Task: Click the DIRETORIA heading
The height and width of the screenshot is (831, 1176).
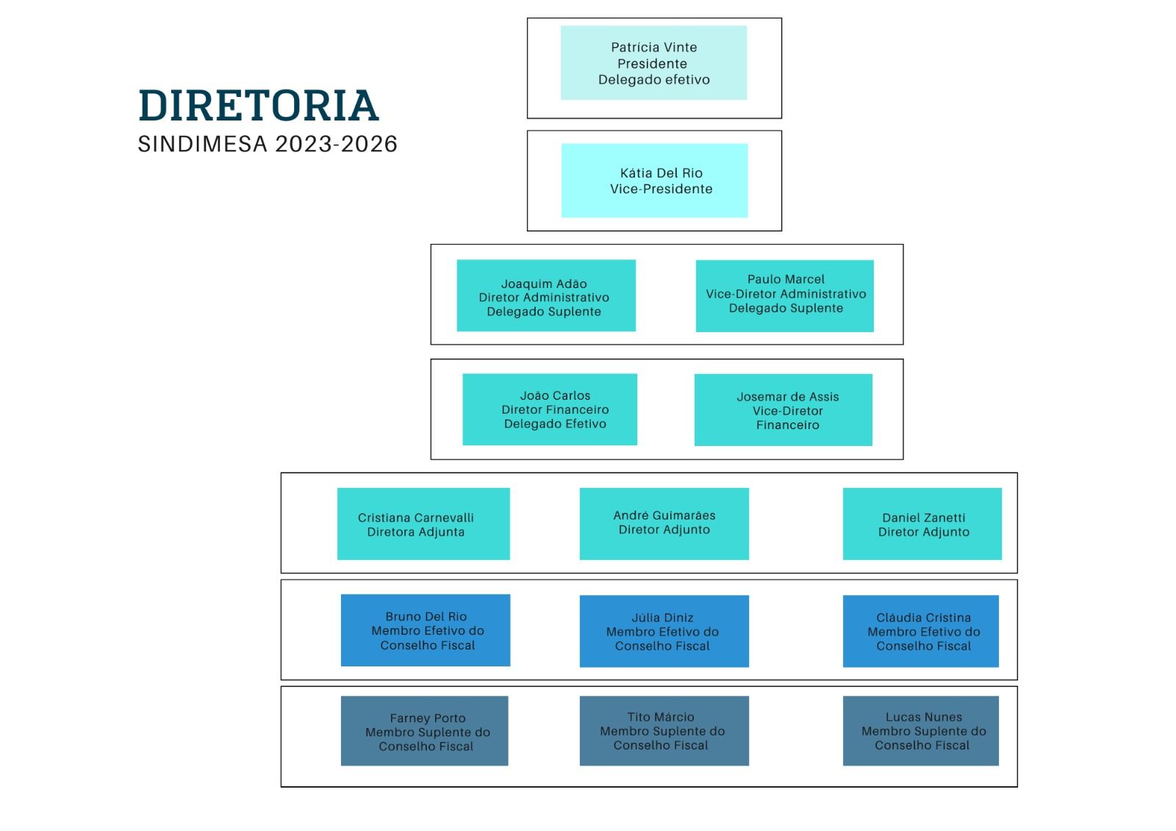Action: point(258,106)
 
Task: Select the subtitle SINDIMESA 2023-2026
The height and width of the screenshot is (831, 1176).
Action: point(268,144)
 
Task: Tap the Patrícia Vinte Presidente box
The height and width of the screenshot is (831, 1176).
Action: point(653,63)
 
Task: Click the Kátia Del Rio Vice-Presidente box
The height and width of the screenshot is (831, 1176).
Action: point(654,181)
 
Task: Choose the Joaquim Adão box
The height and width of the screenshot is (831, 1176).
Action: point(546,295)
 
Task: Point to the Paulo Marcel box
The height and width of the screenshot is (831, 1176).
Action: point(785,296)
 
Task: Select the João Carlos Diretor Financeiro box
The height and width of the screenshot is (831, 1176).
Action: point(550,409)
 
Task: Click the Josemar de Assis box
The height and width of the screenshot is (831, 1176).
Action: point(784,410)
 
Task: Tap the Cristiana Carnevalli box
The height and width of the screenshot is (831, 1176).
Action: point(423,524)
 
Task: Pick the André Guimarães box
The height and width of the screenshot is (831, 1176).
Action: point(664,524)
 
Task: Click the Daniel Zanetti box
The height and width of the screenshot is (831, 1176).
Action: point(922,524)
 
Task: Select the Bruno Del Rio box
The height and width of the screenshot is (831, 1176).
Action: point(426,630)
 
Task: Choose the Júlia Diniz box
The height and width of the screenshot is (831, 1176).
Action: point(664,631)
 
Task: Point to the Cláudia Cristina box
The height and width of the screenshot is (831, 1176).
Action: point(921,631)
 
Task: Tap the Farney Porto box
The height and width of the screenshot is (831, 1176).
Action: point(424,731)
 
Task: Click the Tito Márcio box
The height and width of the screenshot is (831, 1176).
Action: point(664,731)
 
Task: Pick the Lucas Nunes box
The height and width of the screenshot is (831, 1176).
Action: point(921,731)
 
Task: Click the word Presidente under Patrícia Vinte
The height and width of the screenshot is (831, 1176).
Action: point(652,63)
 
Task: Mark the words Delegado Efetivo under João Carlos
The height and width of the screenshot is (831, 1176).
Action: point(555,424)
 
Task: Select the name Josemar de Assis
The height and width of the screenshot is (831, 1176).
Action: point(787,397)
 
